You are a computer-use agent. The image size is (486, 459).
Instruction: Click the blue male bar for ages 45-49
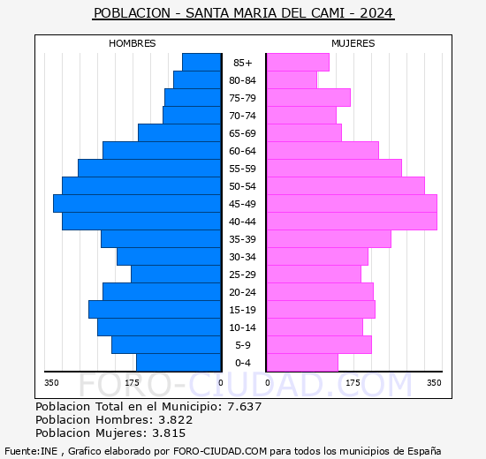click(x=137, y=204)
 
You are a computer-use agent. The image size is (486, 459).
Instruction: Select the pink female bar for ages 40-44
click(x=352, y=222)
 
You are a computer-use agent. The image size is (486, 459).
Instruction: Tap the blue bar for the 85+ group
click(x=201, y=63)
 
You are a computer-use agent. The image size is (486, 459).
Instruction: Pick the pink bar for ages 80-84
click(x=292, y=80)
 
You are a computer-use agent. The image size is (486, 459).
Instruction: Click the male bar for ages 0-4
click(x=178, y=363)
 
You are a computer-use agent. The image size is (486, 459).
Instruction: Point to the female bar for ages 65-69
click(x=304, y=133)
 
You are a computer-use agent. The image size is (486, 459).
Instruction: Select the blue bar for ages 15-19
click(x=155, y=310)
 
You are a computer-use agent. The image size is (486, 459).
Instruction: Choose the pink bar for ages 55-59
click(x=334, y=169)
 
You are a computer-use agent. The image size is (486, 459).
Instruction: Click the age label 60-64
click(x=243, y=151)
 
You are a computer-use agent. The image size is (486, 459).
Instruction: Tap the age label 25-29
click(x=243, y=275)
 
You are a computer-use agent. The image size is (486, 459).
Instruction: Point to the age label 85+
click(x=243, y=63)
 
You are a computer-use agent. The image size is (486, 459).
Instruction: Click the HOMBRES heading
click(x=133, y=43)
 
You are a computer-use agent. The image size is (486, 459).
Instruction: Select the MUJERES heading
click(x=353, y=43)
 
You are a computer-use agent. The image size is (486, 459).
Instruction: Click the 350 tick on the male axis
click(x=52, y=382)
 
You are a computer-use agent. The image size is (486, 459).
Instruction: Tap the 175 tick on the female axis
click(x=352, y=382)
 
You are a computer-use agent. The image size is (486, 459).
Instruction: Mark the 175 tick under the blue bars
click(x=133, y=382)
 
